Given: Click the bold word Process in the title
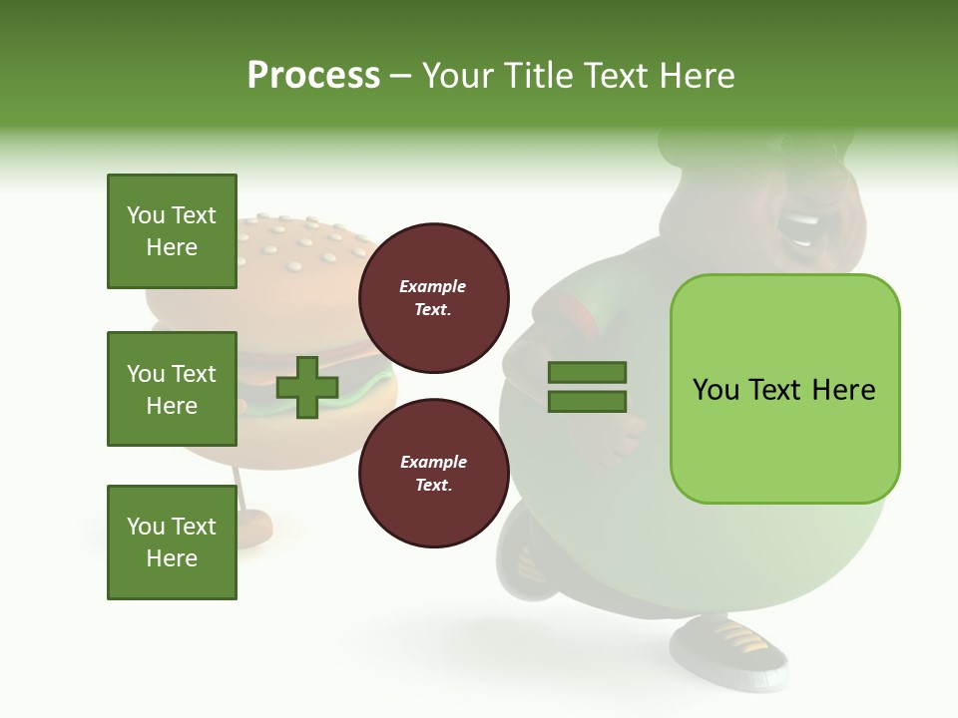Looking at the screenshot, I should (313, 76).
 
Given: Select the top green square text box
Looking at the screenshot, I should (172, 231).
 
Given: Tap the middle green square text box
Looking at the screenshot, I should (172, 389).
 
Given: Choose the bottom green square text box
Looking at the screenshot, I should (172, 542).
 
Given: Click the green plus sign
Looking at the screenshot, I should (307, 387).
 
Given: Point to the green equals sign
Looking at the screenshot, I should (587, 387).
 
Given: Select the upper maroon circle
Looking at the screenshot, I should (433, 298).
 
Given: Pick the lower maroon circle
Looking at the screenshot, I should (433, 474).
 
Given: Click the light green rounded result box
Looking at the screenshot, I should (784, 389).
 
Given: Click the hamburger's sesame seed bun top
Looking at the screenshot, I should (299, 249).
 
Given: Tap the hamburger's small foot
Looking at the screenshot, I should (254, 524).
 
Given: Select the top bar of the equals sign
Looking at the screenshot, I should (587, 373).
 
